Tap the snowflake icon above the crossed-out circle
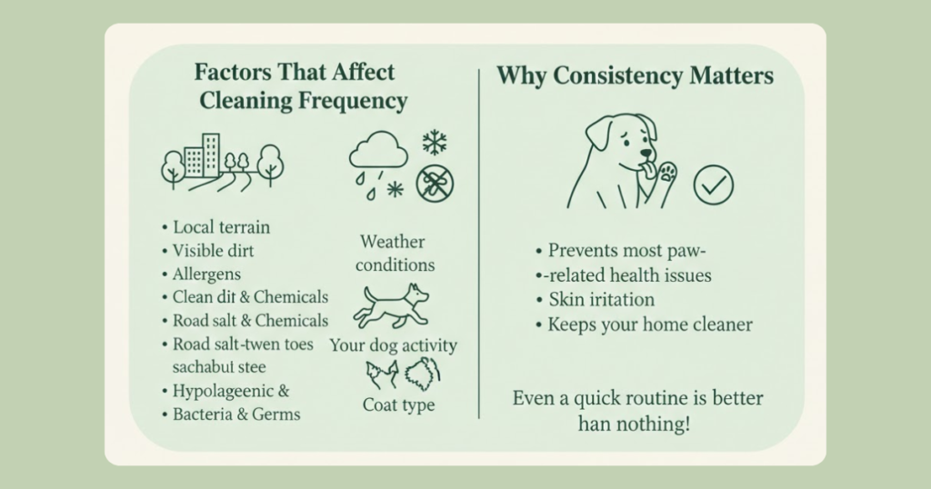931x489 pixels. tap(435, 144)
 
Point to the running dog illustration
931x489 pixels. tap(391, 306)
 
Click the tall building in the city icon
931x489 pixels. tap(211, 155)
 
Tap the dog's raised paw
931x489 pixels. tap(667, 173)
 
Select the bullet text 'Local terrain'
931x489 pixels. tap(221, 227)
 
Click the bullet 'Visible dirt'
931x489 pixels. tap(213, 251)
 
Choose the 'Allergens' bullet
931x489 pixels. tap(206, 274)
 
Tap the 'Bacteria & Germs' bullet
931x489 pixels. tap(235, 414)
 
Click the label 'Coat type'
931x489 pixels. tap(398, 404)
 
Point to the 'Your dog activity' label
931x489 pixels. tap(393, 345)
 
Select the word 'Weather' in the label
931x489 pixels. tap(392, 242)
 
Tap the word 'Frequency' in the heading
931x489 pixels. tap(353, 102)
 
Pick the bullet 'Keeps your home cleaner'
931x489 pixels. tap(650, 324)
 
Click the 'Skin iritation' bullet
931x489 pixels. tap(602, 300)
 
